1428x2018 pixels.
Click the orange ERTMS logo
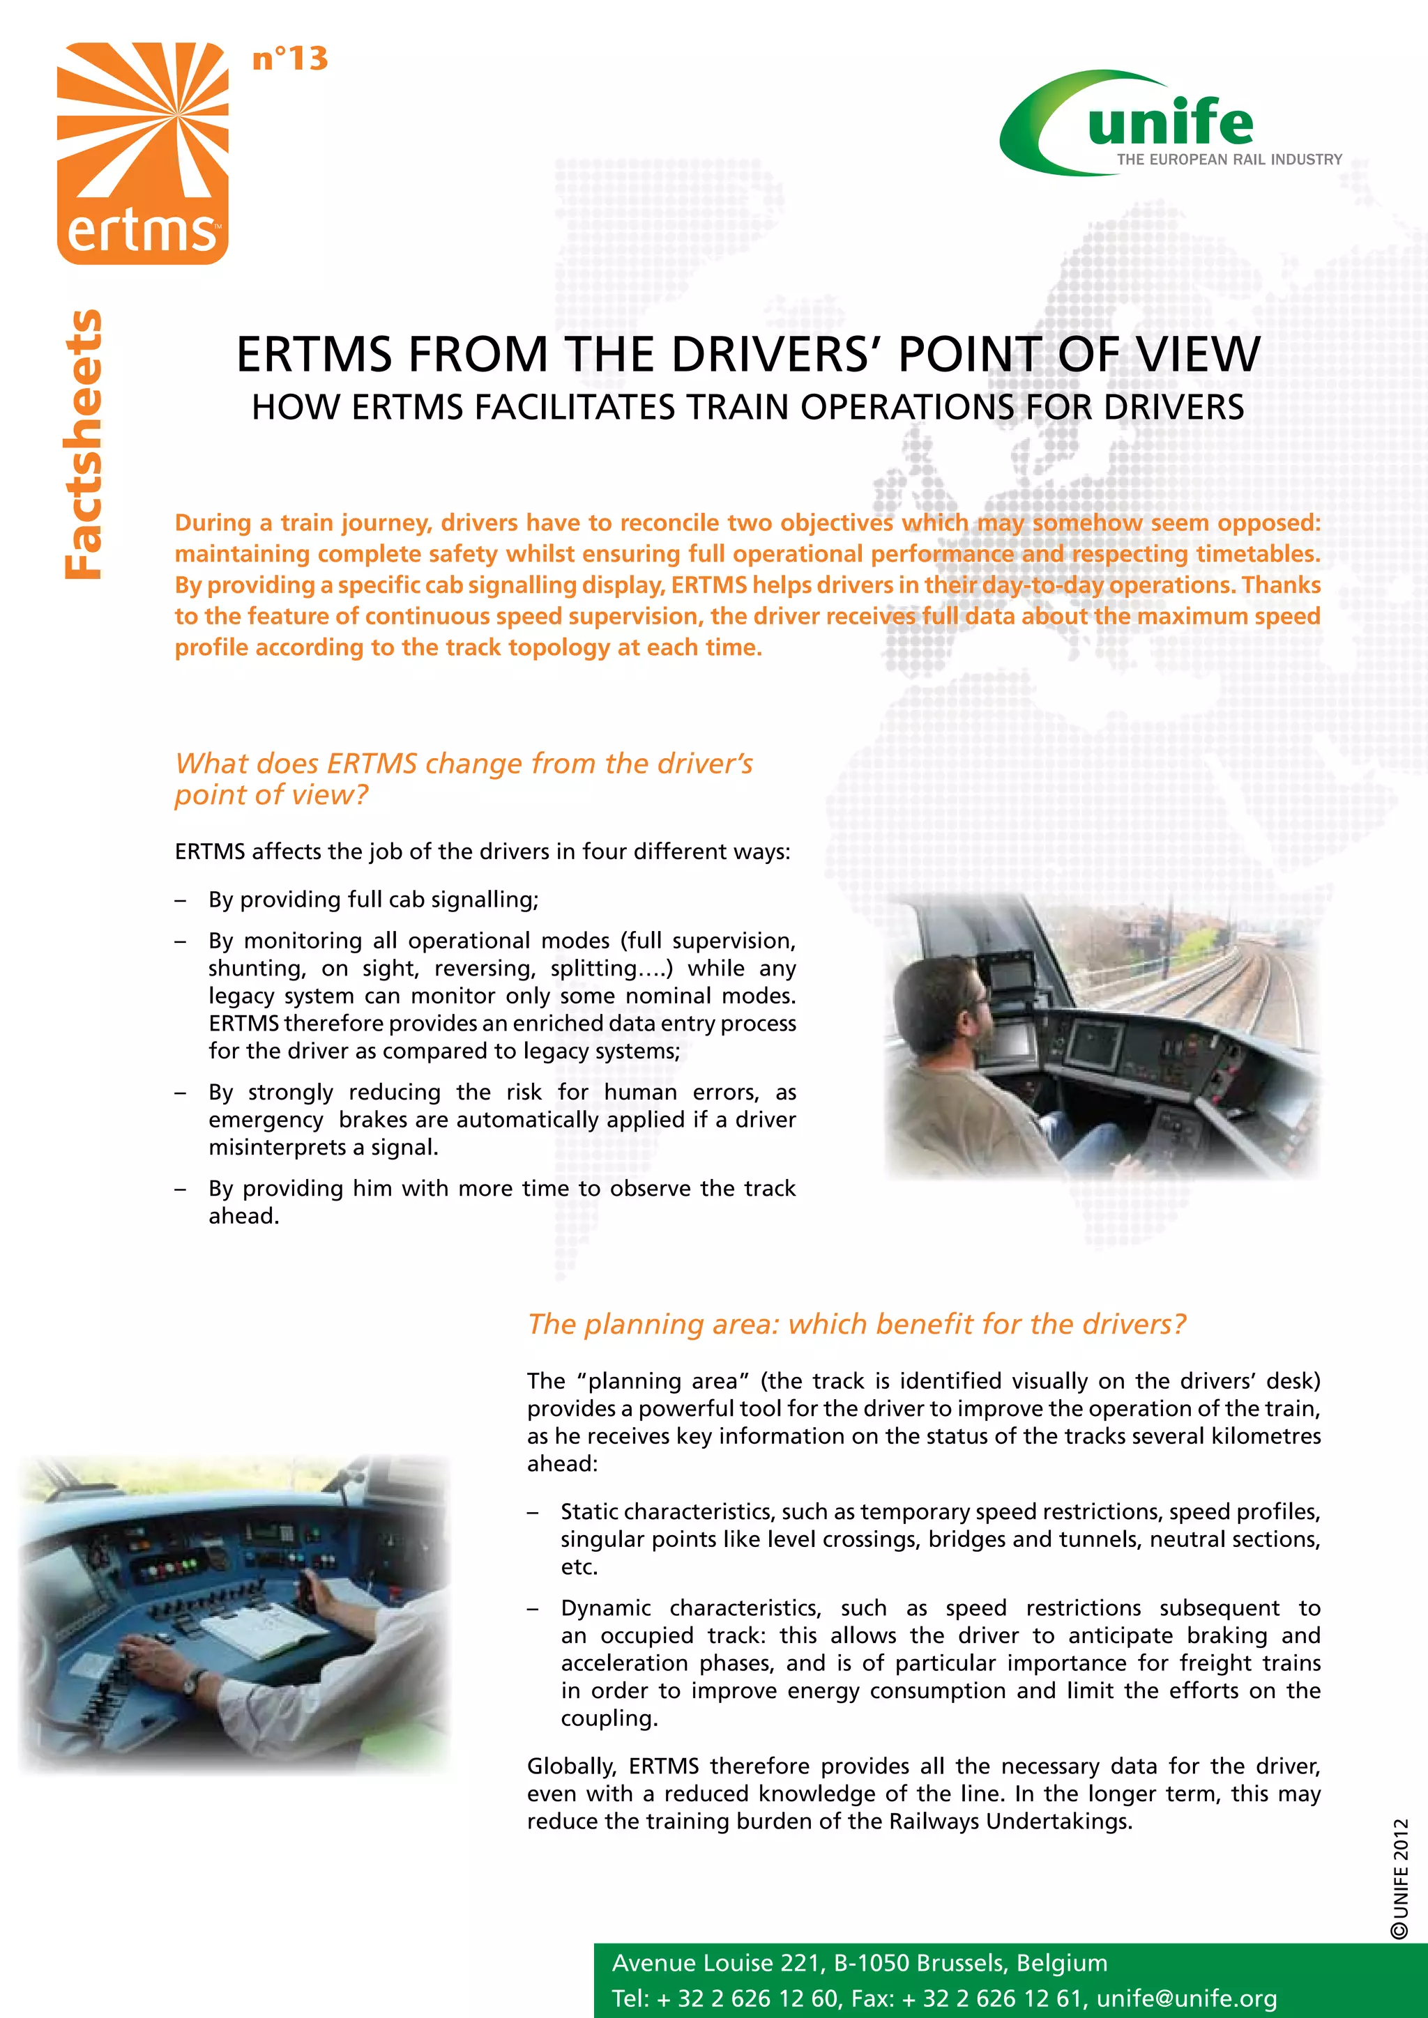point(142,154)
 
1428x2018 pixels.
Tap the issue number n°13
point(289,59)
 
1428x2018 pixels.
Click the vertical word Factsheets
point(84,444)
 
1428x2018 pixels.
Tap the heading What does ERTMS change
point(464,763)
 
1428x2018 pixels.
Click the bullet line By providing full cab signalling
point(373,899)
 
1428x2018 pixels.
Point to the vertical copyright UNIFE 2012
point(1400,1877)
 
